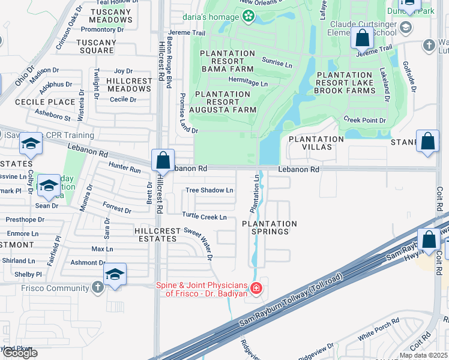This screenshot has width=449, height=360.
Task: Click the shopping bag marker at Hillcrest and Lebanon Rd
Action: click(163, 161)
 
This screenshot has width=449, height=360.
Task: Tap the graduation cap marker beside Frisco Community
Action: click(115, 275)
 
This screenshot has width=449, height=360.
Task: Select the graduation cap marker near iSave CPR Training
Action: click(31, 145)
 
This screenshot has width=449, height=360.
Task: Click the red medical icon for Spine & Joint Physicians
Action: click(256, 289)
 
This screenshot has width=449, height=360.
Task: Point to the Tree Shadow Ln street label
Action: click(209, 190)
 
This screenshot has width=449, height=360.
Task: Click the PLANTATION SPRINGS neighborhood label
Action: click(270, 228)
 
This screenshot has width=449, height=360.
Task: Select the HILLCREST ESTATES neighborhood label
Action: click(148, 235)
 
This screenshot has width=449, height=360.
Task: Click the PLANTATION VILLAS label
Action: click(316, 143)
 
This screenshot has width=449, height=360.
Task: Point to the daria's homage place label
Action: click(211, 17)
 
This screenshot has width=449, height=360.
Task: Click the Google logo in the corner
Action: click(19, 353)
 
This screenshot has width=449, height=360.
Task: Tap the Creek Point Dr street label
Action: click(364, 121)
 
